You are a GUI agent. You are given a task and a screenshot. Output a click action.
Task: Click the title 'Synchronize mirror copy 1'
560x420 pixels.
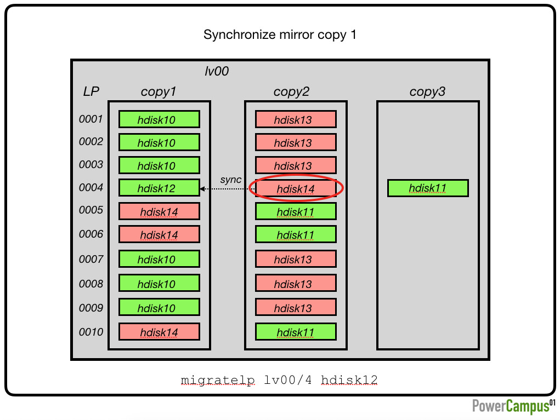[280, 34]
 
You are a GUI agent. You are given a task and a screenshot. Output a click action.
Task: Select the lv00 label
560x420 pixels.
[217, 71]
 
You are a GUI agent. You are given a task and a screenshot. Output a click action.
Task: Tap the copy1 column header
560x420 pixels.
[158, 91]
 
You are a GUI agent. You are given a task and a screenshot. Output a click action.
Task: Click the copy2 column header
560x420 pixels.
[291, 91]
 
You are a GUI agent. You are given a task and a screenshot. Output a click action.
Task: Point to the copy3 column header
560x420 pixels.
[427, 91]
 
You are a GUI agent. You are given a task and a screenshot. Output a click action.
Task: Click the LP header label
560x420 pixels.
[91, 91]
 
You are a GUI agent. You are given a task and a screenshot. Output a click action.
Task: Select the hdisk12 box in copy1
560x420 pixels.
[159, 188]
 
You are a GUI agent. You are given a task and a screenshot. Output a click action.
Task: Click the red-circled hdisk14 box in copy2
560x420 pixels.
[296, 188]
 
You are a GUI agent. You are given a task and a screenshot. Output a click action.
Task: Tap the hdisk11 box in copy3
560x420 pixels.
[428, 188]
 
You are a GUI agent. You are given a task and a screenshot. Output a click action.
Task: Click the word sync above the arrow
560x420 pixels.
[231, 180]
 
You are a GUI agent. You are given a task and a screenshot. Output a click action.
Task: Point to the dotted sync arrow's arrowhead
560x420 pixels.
[202, 188]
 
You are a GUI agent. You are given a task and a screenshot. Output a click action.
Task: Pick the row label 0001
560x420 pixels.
[90, 119]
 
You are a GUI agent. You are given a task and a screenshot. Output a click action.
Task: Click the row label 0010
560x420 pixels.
[90, 332]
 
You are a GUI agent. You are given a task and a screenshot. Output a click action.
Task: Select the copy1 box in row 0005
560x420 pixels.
[159, 211]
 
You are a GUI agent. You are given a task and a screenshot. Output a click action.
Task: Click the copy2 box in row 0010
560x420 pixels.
[296, 332]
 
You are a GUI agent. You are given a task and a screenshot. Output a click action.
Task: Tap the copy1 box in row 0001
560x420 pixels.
[159, 119]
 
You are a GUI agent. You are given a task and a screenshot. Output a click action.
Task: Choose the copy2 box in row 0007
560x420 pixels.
[296, 259]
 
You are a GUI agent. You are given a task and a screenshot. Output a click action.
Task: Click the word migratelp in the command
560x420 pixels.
[218, 380]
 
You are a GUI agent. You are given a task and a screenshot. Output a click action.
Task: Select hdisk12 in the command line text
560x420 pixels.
[349, 379]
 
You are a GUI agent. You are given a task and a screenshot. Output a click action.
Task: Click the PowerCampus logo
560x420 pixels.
[513, 406]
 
